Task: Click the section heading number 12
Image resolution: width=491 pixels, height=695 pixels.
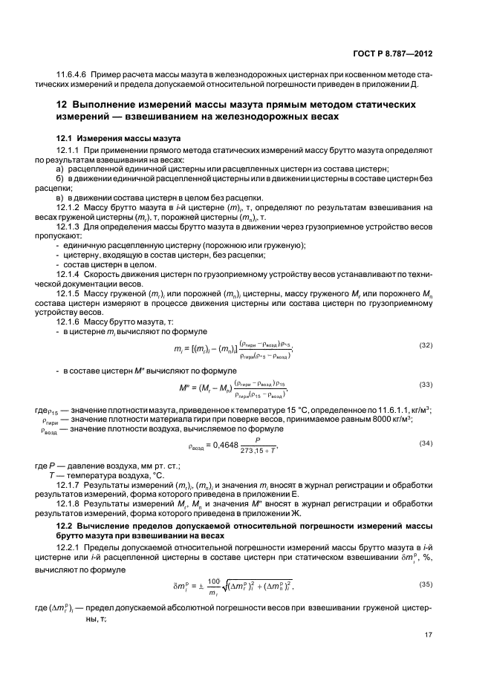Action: point(63,106)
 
